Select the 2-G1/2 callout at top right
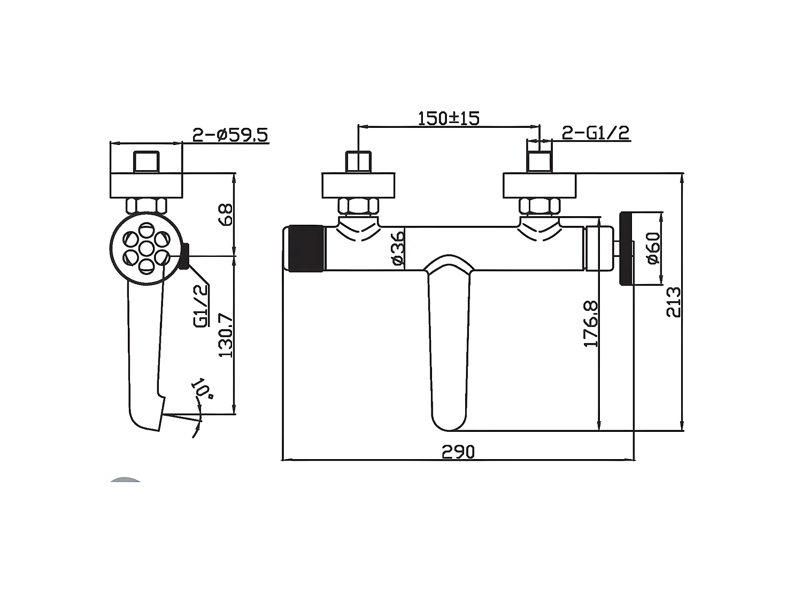coord(595,133)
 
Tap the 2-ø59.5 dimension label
coord(230,134)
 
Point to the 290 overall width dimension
coord(458,452)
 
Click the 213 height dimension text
coord(674,302)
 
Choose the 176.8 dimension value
coord(591,324)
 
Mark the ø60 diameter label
coord(652,248)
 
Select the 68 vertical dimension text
coord(227,215)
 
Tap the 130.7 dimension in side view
coord(227,336)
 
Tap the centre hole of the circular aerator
coord(145,248)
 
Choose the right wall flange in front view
coord(539,186)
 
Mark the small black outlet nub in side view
coord(184,256)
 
